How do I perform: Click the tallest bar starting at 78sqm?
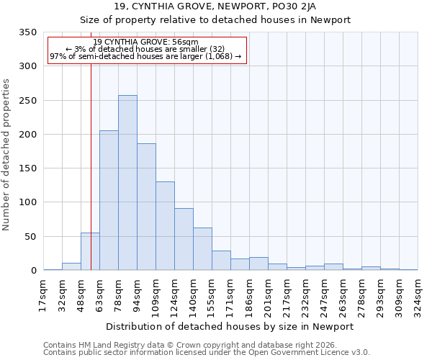[x=127, y=183]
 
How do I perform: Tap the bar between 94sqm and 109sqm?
[x=146, y=207]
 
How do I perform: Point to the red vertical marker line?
[x=91, y=144]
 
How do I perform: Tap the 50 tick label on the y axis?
[x=30, y=237]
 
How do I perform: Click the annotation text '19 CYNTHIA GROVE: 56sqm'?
[x=145, y=42]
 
